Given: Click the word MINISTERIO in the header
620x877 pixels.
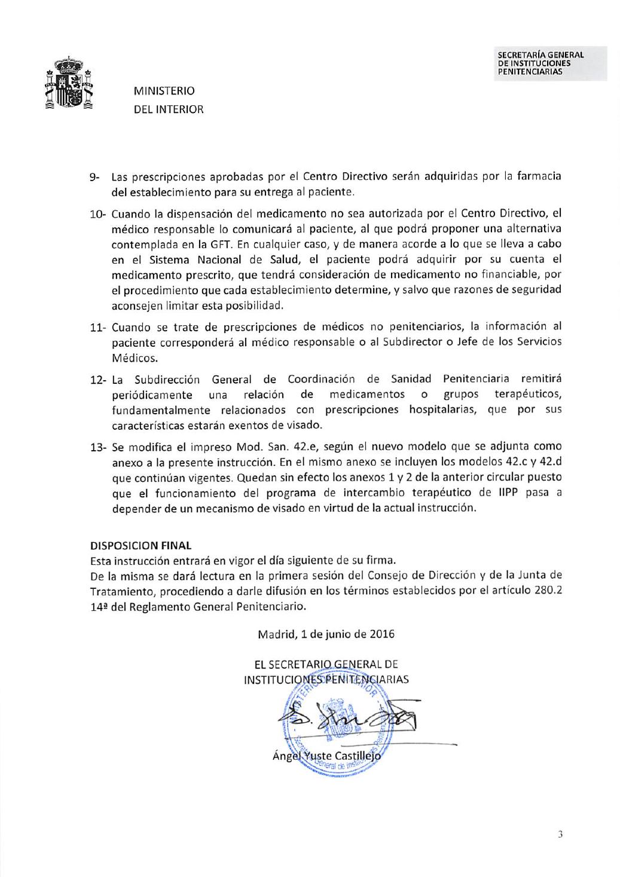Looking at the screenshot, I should (x=164, y=91).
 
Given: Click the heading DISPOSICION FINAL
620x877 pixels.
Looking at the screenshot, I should (x=141, y=545).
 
